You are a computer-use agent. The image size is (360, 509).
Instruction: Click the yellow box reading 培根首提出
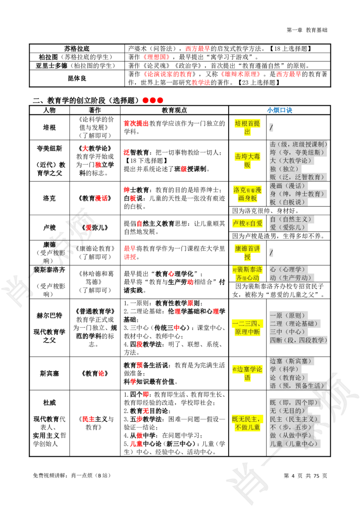click(x=247, y=128)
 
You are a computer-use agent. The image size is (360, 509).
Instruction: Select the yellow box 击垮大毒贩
click(x=247, y=161)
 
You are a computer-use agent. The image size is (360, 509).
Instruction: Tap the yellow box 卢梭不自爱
click(x=247, y=223)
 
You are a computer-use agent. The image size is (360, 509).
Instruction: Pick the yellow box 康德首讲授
click(x=247, y=253)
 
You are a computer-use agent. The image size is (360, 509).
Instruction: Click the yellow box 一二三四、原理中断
click(x=247, y=328)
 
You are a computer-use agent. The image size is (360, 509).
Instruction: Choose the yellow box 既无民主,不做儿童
click(x=247, y=423)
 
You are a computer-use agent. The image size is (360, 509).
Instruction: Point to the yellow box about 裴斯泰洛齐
click(x=247, y=273)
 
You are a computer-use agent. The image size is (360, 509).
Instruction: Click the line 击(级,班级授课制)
click(x=298, y=144)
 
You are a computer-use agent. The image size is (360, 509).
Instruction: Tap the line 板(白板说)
click(x=288, y=202)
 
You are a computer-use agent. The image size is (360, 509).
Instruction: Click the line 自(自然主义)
click(x=291, y=219)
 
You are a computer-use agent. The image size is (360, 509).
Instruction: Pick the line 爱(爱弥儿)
click(x=288, y=227)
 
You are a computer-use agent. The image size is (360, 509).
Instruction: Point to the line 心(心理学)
click(x=288, y=269)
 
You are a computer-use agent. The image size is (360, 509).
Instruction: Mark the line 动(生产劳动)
click(x=291, y=277)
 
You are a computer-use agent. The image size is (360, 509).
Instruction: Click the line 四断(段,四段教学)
click(x=298, y=340)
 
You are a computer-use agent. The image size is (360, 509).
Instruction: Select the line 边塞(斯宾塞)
click(x=291, y=361)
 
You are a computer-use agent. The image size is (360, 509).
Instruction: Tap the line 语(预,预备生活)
click(x=297, y=385)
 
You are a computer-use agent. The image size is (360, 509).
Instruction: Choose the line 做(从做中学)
click(x=291, y=435)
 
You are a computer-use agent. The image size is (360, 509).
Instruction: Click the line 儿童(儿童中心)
click(x=294, y=443)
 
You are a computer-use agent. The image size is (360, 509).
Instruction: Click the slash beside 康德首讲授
click(x=271, y=253)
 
